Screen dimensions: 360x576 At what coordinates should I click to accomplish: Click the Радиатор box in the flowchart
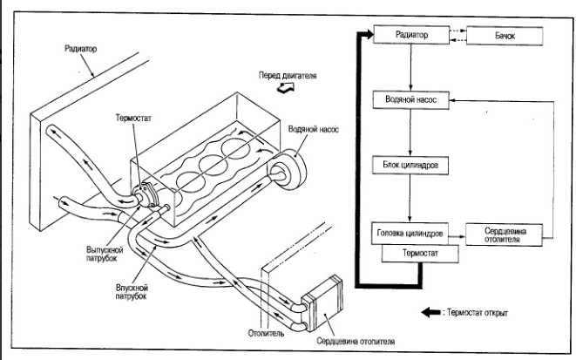[410, 34]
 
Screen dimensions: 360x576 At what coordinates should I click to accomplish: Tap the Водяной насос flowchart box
[410, 101]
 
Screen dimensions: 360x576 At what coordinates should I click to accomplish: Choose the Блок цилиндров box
[410, 164]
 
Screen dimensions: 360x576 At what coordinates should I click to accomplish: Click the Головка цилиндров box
[410, 234]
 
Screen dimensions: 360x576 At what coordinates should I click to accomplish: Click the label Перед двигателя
[288, 75]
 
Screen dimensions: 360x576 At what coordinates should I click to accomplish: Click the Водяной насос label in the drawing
[315, 129]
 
